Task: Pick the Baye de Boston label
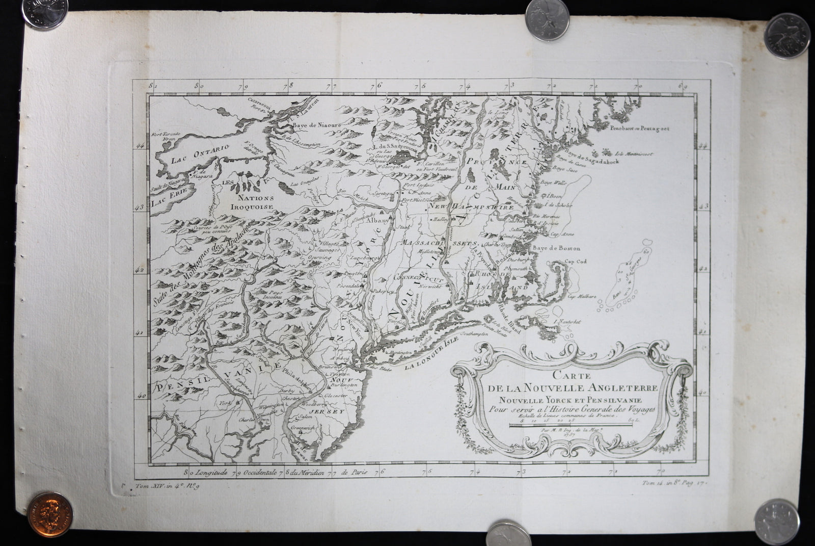(x=557, y=248)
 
